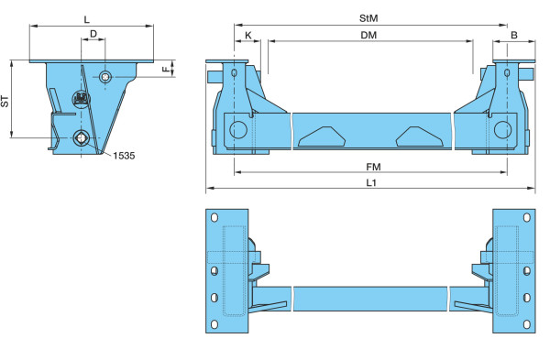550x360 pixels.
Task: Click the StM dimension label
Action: [368, 18]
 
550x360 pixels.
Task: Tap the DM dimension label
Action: [368, 35]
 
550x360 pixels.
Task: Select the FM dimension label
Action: [373, 167]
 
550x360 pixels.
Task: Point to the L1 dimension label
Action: [371, 182]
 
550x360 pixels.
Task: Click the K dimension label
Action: [248, 35]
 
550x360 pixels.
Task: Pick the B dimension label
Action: [514, 35]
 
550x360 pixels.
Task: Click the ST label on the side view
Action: [5, 102]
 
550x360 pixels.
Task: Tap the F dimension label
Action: [166, 70]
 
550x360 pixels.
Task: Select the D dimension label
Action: [93, 34]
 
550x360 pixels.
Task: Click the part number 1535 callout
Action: [124, 156]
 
